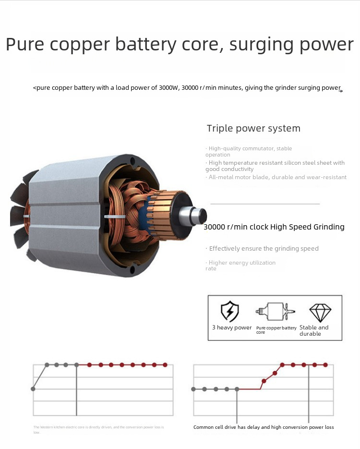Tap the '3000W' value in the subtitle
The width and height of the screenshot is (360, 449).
169,88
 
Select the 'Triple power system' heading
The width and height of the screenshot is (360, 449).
253,128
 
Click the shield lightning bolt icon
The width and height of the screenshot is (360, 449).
230,312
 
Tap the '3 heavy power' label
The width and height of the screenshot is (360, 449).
232,328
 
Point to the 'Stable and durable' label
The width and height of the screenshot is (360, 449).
314,330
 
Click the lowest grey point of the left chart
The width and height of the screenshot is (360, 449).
33,388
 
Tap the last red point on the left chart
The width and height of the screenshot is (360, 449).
165,365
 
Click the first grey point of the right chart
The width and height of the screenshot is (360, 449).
193,389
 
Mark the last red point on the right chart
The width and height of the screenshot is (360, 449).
326,365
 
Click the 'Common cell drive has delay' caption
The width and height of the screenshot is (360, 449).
264,427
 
